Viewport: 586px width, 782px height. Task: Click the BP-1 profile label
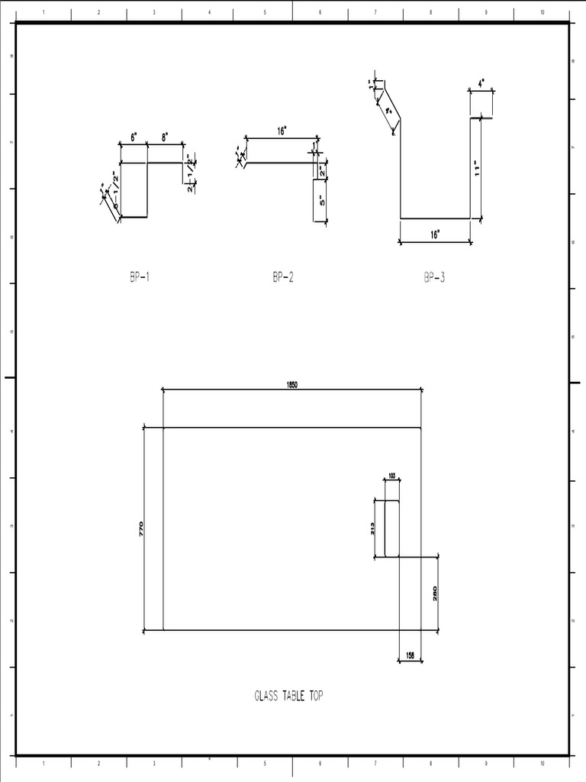pos(140,278)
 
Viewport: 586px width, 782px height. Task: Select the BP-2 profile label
pos(282,278)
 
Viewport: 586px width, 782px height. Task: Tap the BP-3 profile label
pos(434,278)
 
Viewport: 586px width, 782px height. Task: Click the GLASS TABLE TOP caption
pos(288,696)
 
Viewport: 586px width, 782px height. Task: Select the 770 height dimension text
pos(141,528)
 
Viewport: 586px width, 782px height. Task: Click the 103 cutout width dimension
pos(392,476)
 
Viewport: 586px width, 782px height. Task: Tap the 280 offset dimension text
pos(435,593)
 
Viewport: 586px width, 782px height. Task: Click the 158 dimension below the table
pos(411,654)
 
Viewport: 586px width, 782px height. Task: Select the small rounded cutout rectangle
pos(392,528)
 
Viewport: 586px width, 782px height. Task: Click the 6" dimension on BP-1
pos(134,138)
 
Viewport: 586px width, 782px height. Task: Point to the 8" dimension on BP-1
pos(165,138)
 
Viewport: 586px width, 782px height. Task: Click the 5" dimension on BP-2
pos(323,201)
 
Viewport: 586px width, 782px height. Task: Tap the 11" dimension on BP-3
pos(477,168)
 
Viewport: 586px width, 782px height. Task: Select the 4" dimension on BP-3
pos(481,83)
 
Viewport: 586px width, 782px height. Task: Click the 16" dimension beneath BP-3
pos(434,235)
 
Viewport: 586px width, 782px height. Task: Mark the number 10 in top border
pos(542,13)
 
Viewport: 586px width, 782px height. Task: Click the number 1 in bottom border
pos(43,763)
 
